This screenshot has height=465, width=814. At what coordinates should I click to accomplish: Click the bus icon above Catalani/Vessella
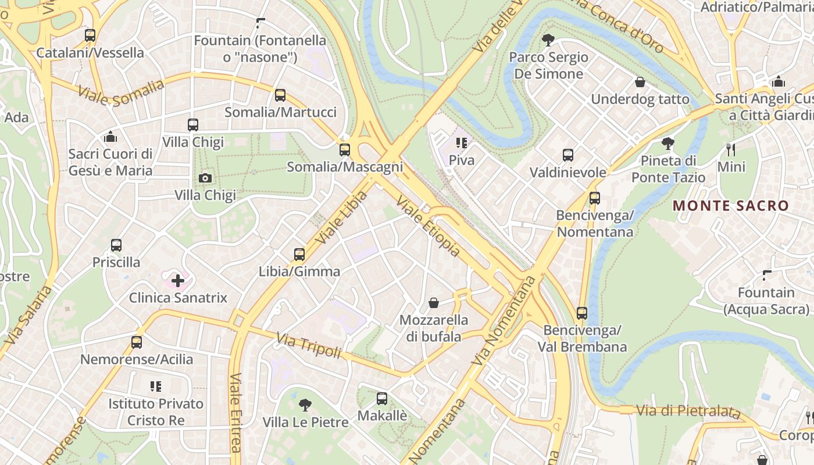[x=90, y=35]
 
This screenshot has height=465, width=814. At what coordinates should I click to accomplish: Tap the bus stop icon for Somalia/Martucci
[x=280, y=95]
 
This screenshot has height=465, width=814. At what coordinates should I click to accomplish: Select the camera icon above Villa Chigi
[x=205, y=178]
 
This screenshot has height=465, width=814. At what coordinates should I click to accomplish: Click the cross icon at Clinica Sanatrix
[x=178, y=281]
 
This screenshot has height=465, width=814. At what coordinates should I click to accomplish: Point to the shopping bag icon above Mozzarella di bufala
[x=434, y=303]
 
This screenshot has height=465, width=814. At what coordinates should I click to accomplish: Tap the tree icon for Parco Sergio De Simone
[x=548, y=40]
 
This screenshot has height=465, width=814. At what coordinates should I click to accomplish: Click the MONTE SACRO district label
[x=730, y=206]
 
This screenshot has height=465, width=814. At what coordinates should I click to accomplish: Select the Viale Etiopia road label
[x=428, y=226]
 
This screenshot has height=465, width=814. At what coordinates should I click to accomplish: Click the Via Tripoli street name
[x=309, y=345]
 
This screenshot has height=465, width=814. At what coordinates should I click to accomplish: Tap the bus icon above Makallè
[x=382, y=399]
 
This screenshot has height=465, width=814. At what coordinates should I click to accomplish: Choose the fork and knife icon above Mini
[x=731, y=150]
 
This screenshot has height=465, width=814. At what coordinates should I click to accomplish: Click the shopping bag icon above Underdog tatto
[x=640, y=82]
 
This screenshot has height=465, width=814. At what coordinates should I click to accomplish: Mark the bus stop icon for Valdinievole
[x=568, y=155]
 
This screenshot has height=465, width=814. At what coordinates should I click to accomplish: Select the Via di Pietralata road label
[x=688, y=411]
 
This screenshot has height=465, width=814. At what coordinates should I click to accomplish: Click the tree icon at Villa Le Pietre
[x=305, y=405]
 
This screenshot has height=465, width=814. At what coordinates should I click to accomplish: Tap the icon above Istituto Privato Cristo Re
[x=156, y=386]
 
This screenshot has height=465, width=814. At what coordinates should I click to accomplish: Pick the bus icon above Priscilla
[x=116, y=245]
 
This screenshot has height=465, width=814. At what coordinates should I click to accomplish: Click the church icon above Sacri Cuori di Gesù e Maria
[x=110, y=137]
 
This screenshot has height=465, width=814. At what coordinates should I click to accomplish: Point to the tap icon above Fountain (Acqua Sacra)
[x=767, y=275]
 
